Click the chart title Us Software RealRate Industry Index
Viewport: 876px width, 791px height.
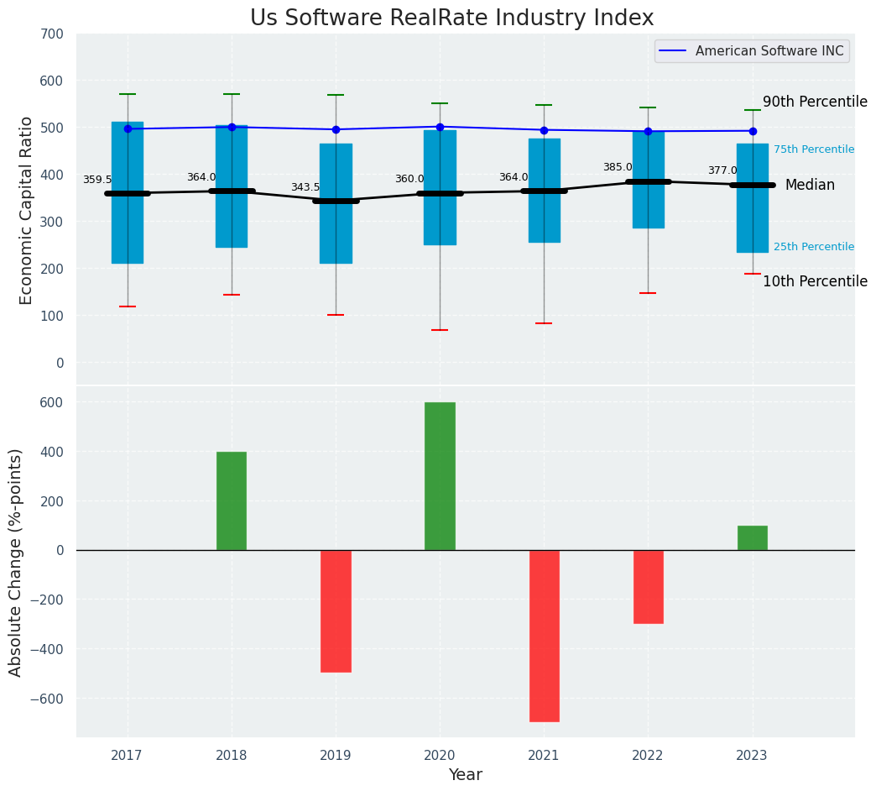(x=451, y=18)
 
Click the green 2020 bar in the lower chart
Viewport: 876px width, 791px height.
(x=440, y=476)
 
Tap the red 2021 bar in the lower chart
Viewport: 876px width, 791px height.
(x=544, y=636)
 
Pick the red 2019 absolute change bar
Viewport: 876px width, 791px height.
(x=336, y=610)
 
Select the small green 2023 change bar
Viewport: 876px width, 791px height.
(x=753, y=538)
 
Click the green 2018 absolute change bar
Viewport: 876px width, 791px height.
(x=232, y=501)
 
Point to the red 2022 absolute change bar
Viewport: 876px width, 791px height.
(x=648, y=586)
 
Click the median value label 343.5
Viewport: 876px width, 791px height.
(x=305, y=187)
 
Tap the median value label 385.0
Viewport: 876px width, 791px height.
(x=618, y=167)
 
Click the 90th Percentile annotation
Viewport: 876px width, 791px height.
(x=815, y=102)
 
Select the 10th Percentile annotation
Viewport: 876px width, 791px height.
(x=815, y=281)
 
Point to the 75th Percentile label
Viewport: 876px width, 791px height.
(x=814, y=149)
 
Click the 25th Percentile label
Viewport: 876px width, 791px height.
(x=814, y=247)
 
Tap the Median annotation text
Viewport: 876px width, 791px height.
(x=810, y=185)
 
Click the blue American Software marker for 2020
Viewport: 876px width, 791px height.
(x=440, y=127)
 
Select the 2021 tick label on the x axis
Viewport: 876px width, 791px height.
(x=544, y=755)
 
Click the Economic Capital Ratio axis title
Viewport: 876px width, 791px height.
(x=27, y=210)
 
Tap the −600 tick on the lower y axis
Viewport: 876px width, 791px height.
(x=45, y=699)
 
